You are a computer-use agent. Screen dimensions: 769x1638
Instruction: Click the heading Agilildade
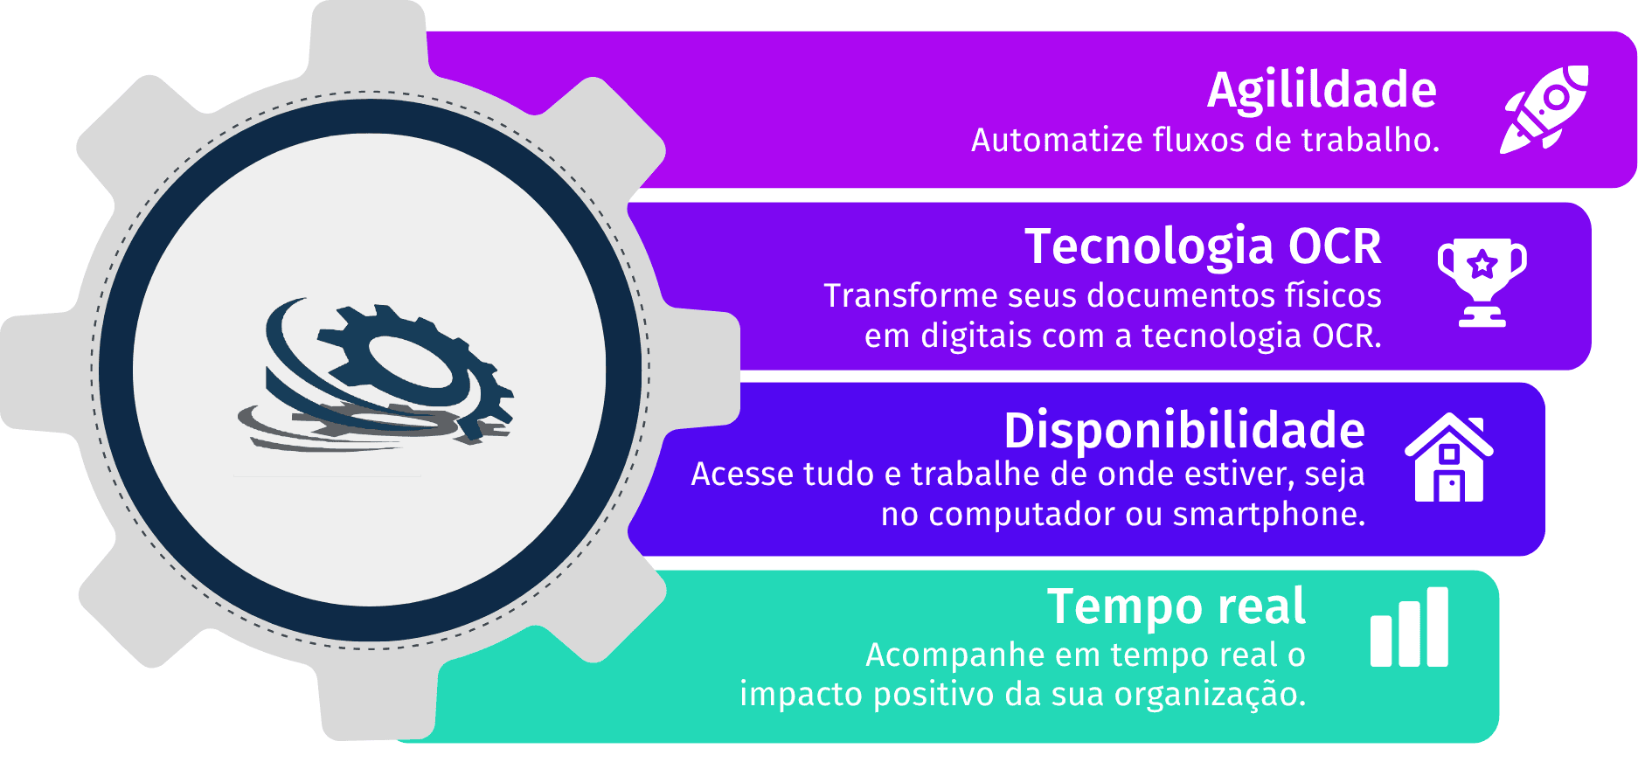click(x=1322, y=91)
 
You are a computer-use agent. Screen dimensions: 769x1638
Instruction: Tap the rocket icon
click(x=1544, y=109)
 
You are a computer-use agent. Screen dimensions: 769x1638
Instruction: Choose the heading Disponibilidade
click(x=1184, y=431)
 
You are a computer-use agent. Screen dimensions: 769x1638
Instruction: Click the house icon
click(x=1449, y=458)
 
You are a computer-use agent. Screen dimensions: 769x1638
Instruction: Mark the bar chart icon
click(x=1409, y=627)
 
